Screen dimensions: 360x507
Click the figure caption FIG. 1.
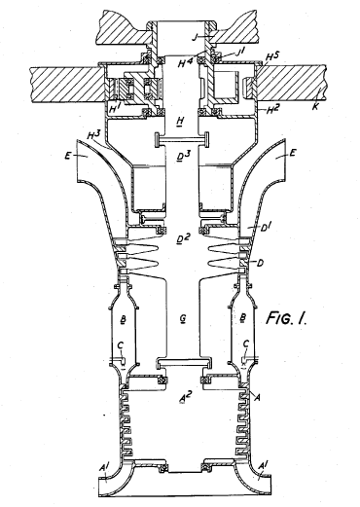[x=286, y=318]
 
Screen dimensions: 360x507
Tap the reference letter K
[x=315, y=106]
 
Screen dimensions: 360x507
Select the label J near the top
[x=195, y=37]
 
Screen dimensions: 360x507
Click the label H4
[x=185, y=61]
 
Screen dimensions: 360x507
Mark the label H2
[x=272, y=110]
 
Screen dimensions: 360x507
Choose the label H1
[x=115, y=108]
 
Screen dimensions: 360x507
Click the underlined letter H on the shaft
[x=180, y=122]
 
